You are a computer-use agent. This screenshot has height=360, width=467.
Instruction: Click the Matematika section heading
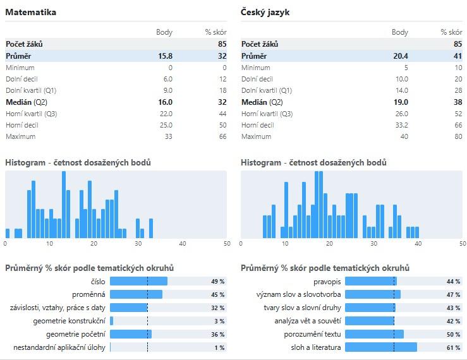pos(31,12)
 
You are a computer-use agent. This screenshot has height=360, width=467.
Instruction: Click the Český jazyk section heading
pos(265,12)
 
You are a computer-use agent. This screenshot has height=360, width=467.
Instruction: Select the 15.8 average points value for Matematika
pos(165,56)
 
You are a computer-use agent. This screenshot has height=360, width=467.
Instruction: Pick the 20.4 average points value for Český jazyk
pos(401,56)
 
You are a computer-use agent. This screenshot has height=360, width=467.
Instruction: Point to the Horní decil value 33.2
pos(401,125)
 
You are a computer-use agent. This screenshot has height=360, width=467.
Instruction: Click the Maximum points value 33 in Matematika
pos(168,136)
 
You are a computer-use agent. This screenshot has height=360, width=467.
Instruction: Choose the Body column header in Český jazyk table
pos(400,32)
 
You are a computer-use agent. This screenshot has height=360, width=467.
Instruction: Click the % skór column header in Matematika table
pos(215,32)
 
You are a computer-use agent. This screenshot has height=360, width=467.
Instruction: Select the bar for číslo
pos(138,281)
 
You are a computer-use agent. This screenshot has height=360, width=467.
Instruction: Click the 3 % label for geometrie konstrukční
pos(218,321)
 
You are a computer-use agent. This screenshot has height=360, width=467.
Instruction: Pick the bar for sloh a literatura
pos(381,347)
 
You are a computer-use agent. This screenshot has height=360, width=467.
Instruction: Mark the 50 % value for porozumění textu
pos(453,334)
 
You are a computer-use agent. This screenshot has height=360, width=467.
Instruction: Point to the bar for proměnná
pos(136,294)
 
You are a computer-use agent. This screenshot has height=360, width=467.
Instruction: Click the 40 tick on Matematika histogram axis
pos(183,243)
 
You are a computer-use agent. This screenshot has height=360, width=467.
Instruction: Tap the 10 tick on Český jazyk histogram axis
pos(285,243)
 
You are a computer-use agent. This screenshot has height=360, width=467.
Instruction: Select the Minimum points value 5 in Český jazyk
pos(406,68)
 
